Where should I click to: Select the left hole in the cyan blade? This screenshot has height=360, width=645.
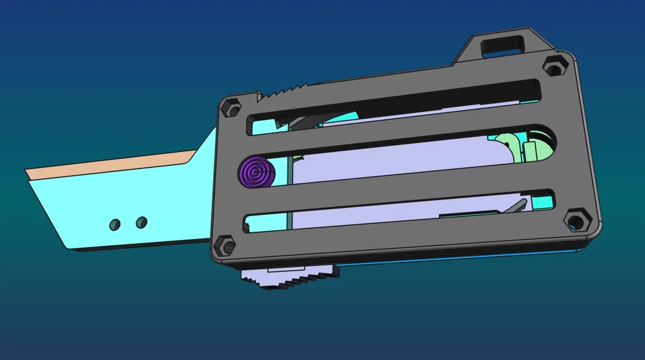click(x=115, y=225)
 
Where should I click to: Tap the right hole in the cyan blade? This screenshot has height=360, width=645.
click(x=141, y=221)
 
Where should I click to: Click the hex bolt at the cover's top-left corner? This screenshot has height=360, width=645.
click(x=231, y=108)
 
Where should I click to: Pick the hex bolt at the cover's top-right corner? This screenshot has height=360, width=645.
click(x=554, y=67)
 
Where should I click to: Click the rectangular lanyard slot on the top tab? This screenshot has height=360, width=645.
click(x=502, y=44)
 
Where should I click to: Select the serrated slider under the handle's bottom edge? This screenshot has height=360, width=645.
click(x=288, y=280)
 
